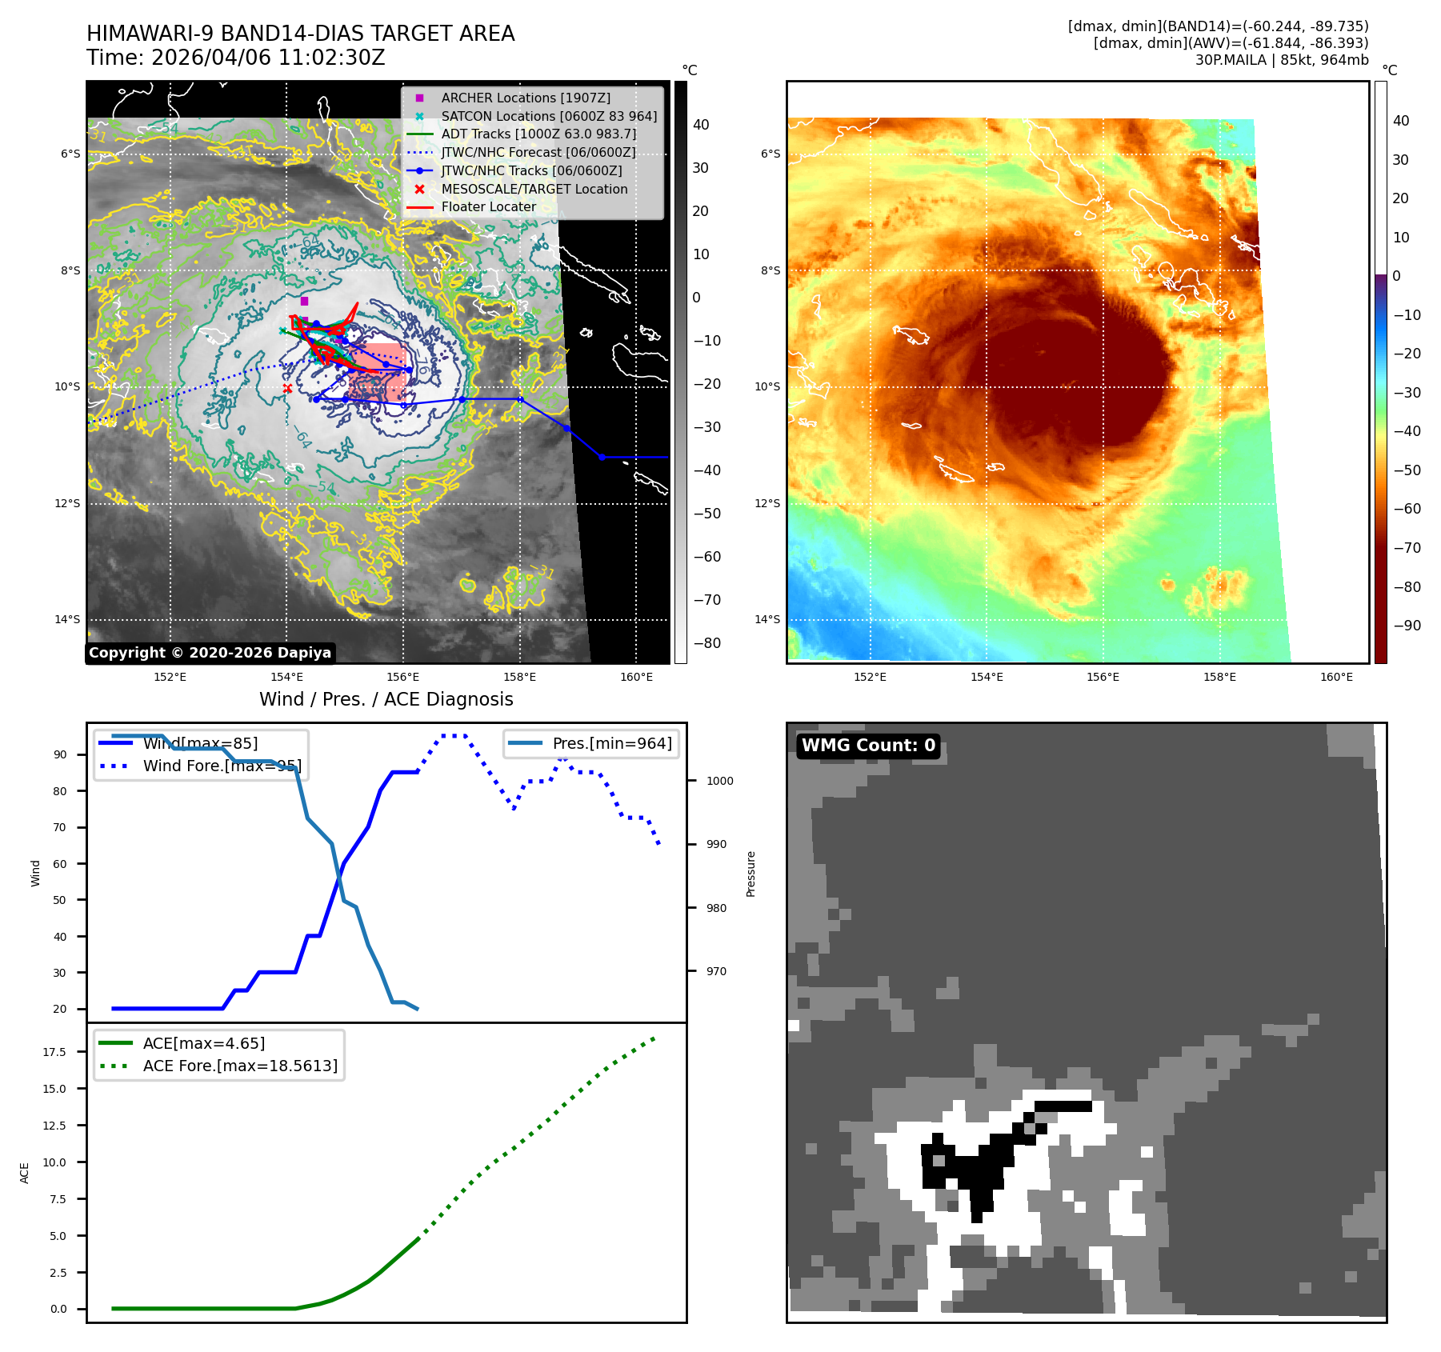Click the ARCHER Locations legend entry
(525, 98)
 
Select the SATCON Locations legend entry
(549, 116)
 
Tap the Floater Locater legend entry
(488, 206)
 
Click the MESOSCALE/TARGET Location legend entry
(534, 189)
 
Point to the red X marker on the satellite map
(287, 389)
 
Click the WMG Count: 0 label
(868, 746)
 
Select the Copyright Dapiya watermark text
(210, 653)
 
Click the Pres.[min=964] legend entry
(611, 743)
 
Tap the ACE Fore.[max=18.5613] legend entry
(240, 1066)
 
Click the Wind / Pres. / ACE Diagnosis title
(386, 699)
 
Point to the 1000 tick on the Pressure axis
(719, 781)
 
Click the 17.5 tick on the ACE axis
(54, 1052)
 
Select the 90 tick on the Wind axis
(60, 754)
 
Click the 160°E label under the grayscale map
(636, 677)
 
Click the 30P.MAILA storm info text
(1282, 60)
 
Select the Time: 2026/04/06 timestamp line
(236, 58)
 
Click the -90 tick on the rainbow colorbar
(1407, 626)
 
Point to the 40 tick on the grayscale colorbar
(701, 125)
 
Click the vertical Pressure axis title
(751, 874)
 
